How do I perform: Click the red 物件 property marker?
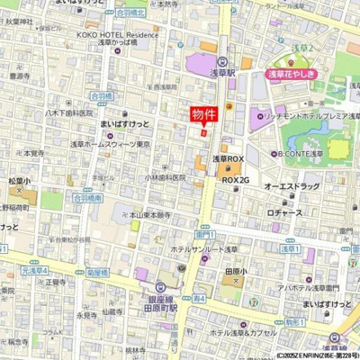[x=202, y=114]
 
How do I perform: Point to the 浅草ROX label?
[x=228, y=158]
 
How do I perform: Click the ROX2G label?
[x=235, y=179]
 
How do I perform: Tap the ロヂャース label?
[x=284, y=213]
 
